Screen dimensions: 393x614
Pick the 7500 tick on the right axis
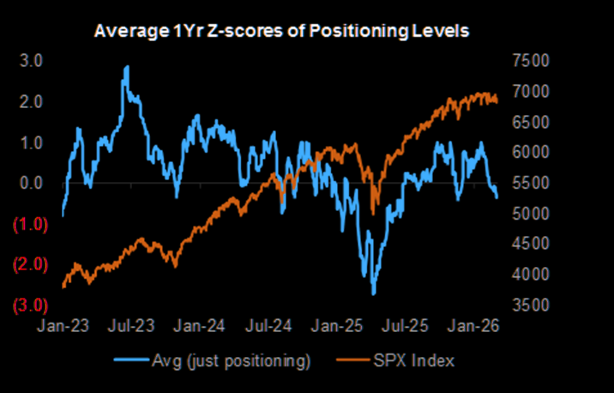527,61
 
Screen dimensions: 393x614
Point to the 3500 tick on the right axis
527,305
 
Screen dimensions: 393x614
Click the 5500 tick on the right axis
527,184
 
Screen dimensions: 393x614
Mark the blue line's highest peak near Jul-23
127,67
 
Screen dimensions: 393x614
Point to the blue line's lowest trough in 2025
373,293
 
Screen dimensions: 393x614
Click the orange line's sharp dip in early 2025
372,213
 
